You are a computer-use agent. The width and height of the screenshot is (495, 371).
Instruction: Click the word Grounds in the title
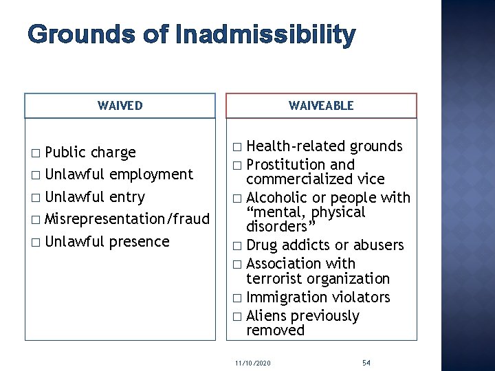click(x=71, y=34)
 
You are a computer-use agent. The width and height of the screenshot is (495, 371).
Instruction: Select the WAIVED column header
click(x=120, y=106)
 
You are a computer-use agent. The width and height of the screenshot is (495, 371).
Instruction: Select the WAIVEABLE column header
click(x=321, y=106)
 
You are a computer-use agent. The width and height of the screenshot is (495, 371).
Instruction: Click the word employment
click(x=151, y=175)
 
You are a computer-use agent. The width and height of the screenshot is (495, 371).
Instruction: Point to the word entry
click(x=127, y=197)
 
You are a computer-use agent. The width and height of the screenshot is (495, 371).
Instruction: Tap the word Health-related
click(x=296, y=146)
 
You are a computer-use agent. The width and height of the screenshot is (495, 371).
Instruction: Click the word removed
click(x=275, y=330)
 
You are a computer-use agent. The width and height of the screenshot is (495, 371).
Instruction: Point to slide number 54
click(x=367, y=360)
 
